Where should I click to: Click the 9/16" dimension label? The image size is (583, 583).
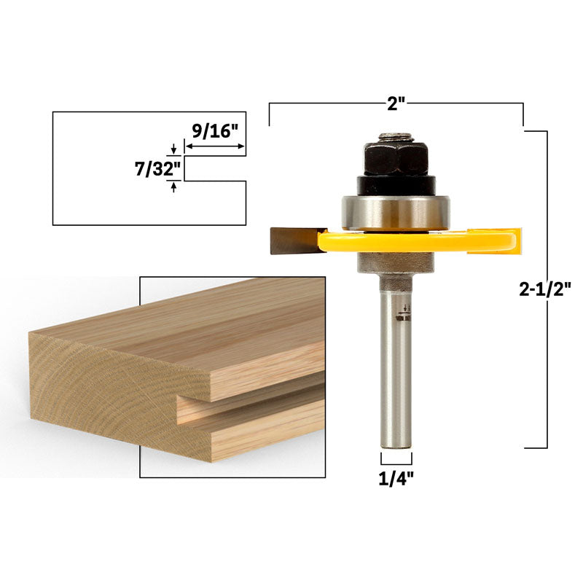pyautogui.click(x=214, y=130)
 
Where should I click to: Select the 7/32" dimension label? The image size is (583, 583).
pyautogui.click(x=157, y=170)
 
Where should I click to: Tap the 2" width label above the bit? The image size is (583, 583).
pyautogui.click(x=396, y=103)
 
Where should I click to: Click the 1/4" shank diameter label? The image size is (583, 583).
pyautogui.click(x=396, y=480)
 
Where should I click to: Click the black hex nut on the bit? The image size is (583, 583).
pyautogui.click(x=395, y=158)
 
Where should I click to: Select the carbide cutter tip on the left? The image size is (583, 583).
pyautogui.click(x=295, y=241)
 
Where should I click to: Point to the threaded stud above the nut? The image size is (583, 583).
pyautogui.click(x=395, y=137)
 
